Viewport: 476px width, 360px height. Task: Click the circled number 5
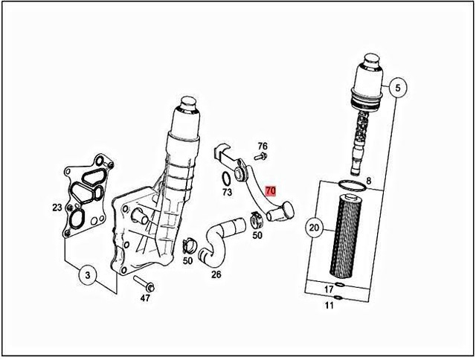(397, 88)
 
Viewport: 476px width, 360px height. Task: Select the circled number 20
(313, 228)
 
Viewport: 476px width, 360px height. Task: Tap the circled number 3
(88, 276)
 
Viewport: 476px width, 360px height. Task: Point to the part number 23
(57, 208)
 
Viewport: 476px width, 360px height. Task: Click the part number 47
(146, 298)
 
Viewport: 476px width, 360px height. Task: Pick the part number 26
(216, 274)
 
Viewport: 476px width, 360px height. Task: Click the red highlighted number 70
(271, 191)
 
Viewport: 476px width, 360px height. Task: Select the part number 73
(228, 191)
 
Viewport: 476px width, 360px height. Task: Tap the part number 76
(262, 146)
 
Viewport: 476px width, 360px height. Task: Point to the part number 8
(367, 181)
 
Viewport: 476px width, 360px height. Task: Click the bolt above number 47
(144, 284)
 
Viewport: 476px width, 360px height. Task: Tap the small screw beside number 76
(261, 158)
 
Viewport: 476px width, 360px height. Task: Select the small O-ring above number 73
(224, 178)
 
